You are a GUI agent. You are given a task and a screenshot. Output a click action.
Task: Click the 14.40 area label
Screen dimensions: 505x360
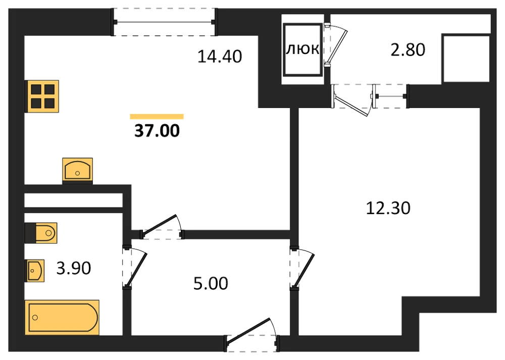click(x=219, y=57)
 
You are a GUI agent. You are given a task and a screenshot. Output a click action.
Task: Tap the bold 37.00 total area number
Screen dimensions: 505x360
click(x=157, y=131)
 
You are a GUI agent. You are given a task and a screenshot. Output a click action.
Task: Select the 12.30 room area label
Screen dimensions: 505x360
click(x=388, y=208)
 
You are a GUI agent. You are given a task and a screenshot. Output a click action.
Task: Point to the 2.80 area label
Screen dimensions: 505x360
click(x=408, y=49)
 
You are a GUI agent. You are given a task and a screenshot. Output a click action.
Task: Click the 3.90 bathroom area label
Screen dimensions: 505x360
click(x=74, y=268)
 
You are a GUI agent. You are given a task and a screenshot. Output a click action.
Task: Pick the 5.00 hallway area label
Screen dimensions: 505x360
click(x=211, y=283)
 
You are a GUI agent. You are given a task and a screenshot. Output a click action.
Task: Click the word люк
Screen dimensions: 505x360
click(x=302, y=49)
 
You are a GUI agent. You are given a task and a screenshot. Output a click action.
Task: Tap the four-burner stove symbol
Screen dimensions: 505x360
click(x=42, y=96)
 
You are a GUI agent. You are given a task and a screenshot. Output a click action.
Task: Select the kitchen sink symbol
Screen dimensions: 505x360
click(x=78, y=169)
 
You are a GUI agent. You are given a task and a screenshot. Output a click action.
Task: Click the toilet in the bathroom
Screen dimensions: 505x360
click(x=41, y=232)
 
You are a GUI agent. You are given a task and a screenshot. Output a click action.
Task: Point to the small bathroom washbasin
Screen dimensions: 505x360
click(x=34, y=271)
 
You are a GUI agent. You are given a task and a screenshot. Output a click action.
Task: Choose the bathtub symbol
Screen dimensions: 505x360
click(x=62, y=318)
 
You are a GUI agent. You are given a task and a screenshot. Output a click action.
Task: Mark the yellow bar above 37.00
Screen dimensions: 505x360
click(x=157, y=117)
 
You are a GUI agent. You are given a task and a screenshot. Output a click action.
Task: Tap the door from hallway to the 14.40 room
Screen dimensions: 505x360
click(x=162, y=227)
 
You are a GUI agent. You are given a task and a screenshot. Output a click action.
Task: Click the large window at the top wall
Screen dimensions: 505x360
click(x=164, y=22)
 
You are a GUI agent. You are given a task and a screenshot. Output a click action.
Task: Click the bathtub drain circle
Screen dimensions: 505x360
click(x=35, y=318)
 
